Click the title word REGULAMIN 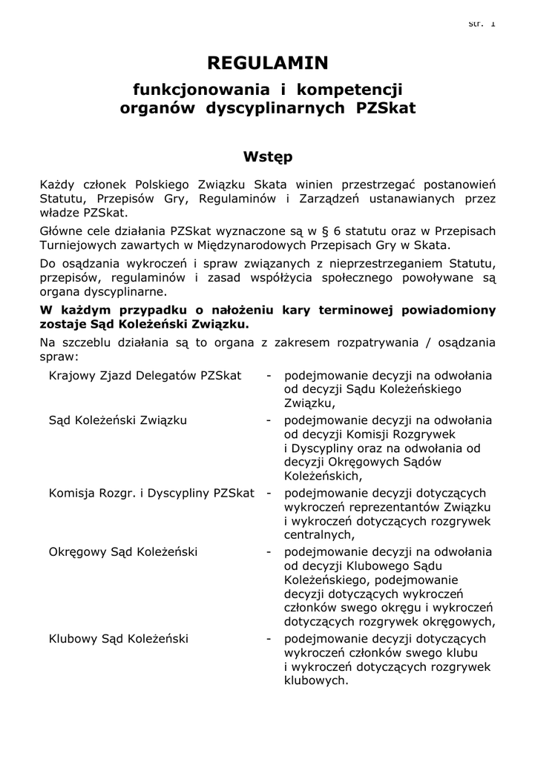coord(267,64)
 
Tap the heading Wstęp coord(267,157)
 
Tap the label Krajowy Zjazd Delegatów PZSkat coord(145,376)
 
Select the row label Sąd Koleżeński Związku coord(118,420)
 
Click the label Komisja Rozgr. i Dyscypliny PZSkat coord(151,493)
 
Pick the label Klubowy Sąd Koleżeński coord(119,638)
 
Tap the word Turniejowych coord(80,246)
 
